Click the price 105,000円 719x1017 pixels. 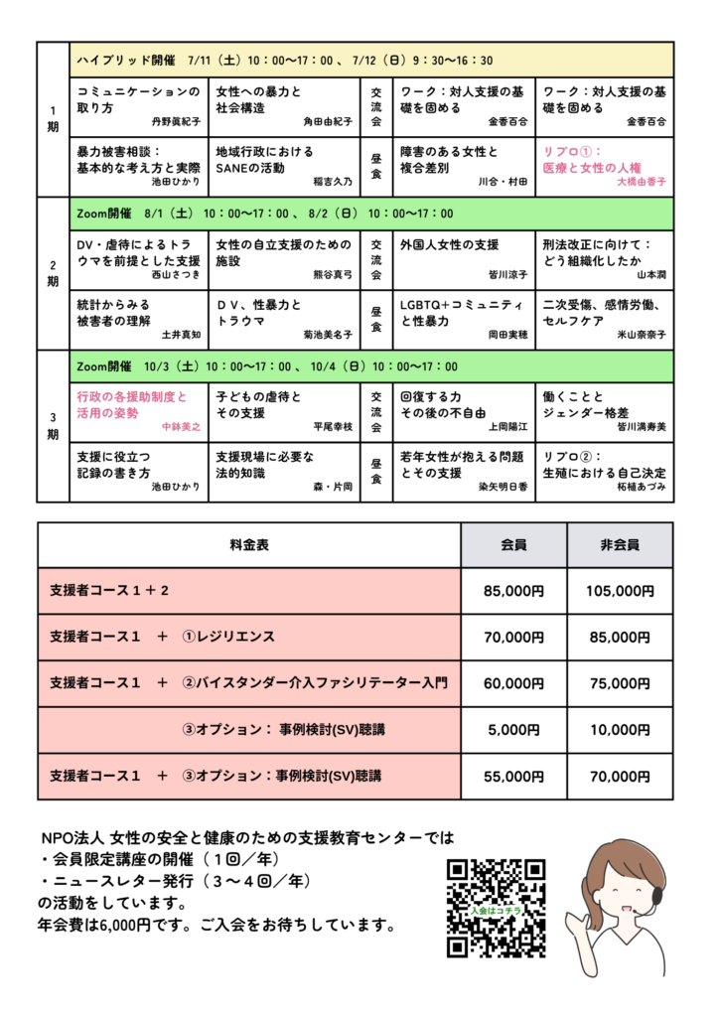[x=620, y=591]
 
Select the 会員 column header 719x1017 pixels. [x=512, y=545]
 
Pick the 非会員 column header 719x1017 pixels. [x=620, y=545]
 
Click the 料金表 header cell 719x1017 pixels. [x=249, y=545]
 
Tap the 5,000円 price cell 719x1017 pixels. [x=512, y=730]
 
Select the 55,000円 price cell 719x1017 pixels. [x=512, y=776]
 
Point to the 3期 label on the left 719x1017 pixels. [x=53, y=424]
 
